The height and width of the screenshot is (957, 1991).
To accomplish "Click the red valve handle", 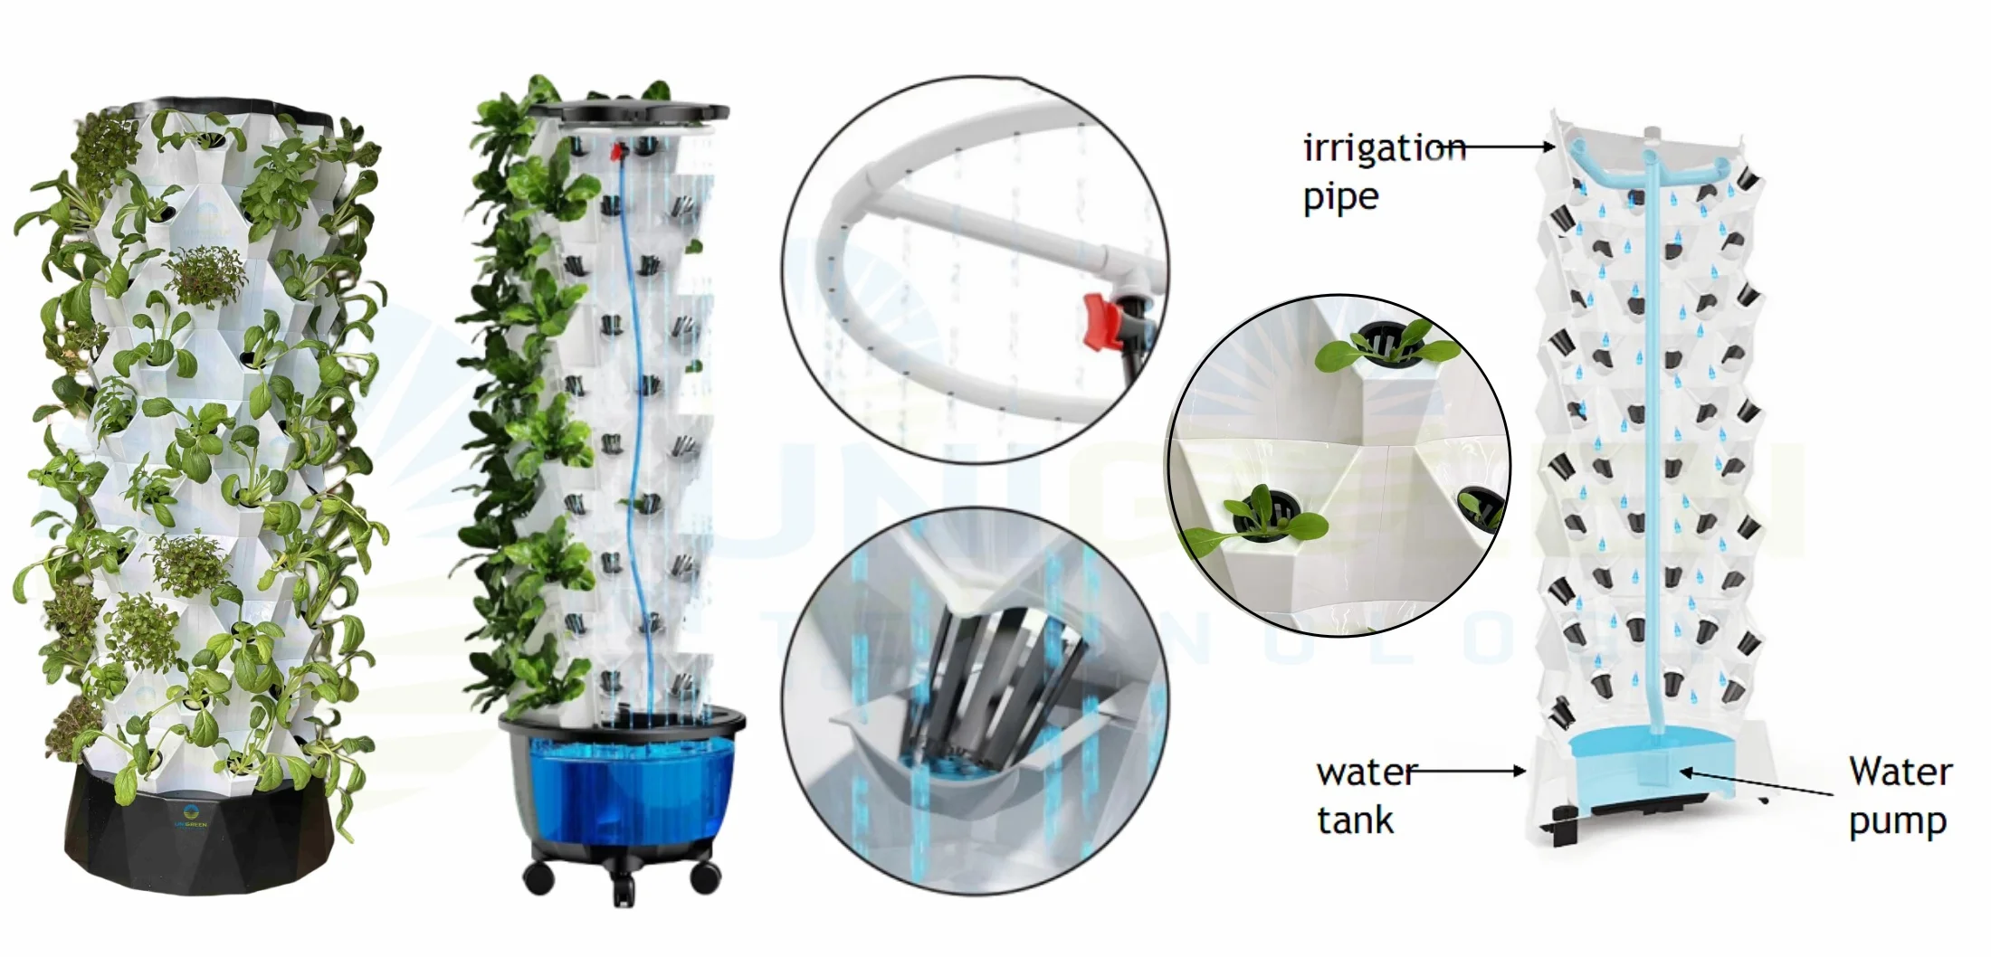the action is click(x=1102, y=322).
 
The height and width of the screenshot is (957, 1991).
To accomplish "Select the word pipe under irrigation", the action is click(x=1340, y=197).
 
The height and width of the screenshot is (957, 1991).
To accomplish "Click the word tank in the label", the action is click(x=1355, y=821).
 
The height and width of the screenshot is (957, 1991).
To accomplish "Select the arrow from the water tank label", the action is click(x=1471, y=772).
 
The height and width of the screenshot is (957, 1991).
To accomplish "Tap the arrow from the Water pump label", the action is click(x=1756, y=783).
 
